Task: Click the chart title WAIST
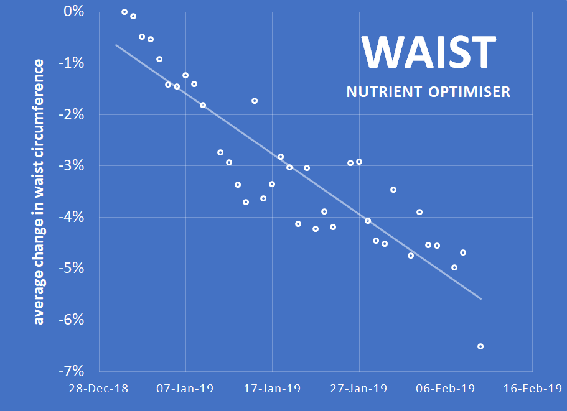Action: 429,52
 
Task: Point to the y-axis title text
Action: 39,192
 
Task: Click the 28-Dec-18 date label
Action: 99,389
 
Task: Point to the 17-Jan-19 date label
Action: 273,389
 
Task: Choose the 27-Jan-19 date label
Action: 359,389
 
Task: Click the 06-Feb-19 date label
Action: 446,389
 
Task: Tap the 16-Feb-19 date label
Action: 532,389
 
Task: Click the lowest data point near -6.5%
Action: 480,346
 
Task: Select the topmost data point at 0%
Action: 124,12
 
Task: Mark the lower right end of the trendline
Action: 480,298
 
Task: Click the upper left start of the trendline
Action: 116,45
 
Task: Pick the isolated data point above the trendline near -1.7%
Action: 255,101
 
